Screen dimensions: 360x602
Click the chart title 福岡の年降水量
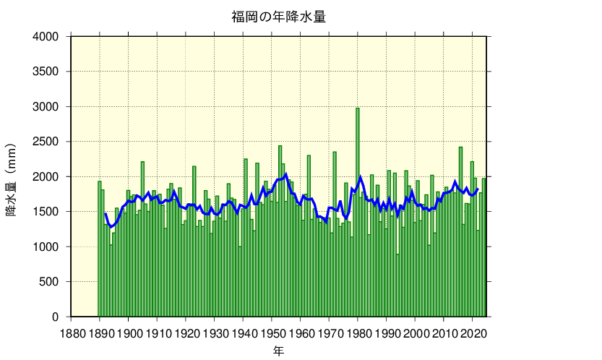tap(278, 17)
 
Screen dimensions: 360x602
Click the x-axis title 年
tap(278, 351)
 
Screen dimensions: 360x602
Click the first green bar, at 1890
tap(100, 249)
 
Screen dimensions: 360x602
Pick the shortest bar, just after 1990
tap(397, 286)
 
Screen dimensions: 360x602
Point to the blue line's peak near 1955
tap(286, 174)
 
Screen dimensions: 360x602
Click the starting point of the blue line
tap(106, 213)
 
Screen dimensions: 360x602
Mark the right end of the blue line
tap(478, 189)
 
